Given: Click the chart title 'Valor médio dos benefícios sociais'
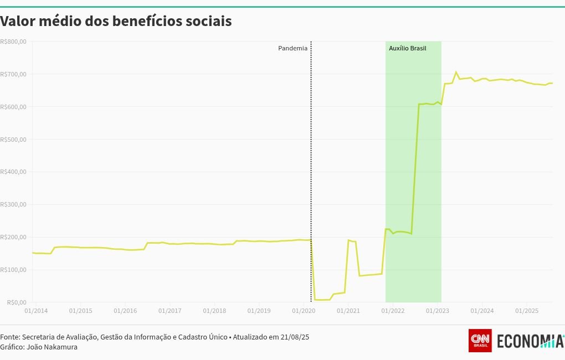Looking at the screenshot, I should tap(116, 22).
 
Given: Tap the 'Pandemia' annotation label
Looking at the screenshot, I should tap(292, 48).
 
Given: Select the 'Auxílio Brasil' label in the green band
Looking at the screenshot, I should tap(407, 48).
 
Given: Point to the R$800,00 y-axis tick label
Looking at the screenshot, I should tap(13, 42).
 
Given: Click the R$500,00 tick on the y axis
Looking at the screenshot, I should tap(13, 139).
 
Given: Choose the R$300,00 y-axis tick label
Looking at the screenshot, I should tap(13, 204).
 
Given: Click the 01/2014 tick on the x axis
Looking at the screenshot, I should tap(36, 311).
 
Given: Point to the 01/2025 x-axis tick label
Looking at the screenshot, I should tap(527, 311).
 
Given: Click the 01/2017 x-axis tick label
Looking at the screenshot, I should tap(170, 311).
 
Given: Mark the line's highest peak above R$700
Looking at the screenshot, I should tap(456, 73).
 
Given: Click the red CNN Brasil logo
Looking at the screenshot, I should tap(480, 340).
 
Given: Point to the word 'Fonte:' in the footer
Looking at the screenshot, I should tap(10, 337).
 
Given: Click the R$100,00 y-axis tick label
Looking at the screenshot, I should tap(13, 270).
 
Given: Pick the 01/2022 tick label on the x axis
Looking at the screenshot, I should tap(393, 311).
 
